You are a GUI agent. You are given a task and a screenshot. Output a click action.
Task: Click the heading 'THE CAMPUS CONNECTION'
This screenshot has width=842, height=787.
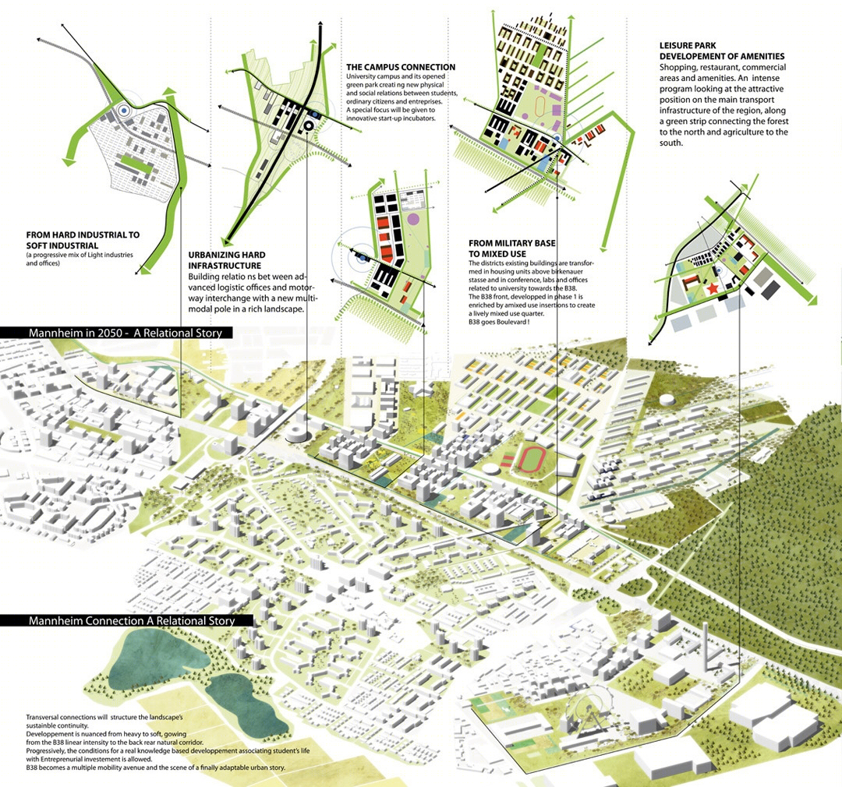(x=401, y=67)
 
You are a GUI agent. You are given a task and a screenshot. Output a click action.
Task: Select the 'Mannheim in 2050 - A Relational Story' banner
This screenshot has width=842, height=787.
(x=117, y=333)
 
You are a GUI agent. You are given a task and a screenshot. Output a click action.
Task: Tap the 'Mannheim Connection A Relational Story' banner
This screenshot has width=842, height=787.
(x=127, y=620)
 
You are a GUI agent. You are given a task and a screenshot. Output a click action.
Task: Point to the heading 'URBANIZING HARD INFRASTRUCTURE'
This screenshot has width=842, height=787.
(x=227, y=260)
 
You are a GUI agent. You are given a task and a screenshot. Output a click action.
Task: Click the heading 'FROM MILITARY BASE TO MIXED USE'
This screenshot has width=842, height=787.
(x=511, y=249)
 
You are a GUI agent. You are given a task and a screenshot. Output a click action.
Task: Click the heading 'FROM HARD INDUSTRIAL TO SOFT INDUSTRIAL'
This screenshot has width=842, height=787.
(x=83, y=240)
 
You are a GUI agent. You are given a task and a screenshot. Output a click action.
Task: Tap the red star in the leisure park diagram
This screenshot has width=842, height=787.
(x=712, y=289)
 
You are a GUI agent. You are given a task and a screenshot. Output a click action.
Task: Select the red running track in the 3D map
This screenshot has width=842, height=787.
(x=532, y=459)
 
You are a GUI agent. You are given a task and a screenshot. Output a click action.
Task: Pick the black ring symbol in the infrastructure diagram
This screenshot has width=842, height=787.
(x=309, y=125)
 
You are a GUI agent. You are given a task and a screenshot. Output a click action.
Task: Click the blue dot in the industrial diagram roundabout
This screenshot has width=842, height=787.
(x=124, y=110)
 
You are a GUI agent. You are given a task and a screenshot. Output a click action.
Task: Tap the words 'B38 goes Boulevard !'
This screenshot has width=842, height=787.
(x=498, y=322)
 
